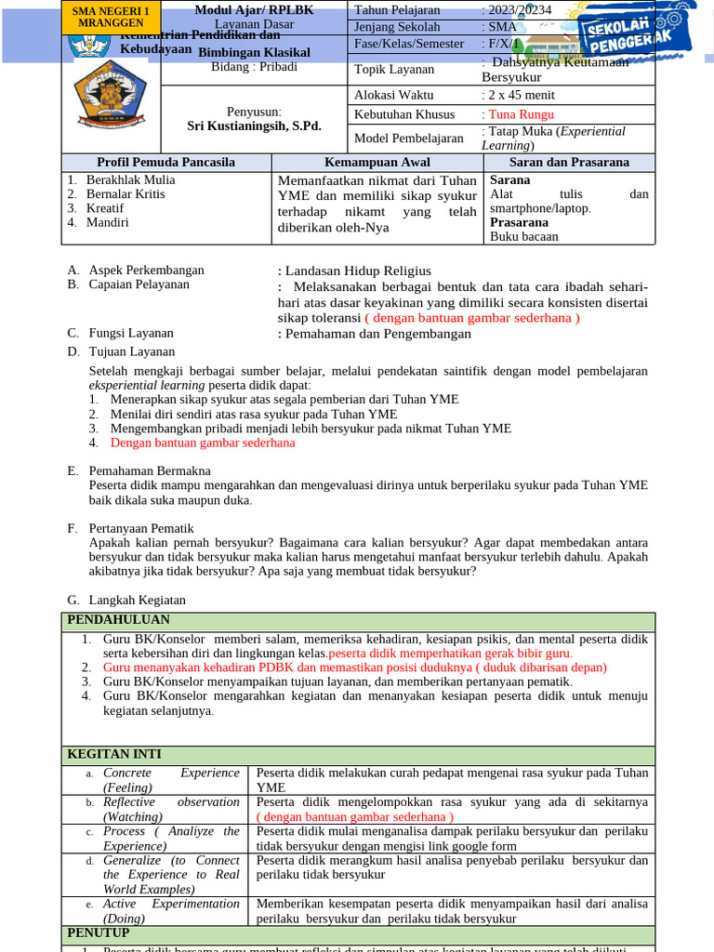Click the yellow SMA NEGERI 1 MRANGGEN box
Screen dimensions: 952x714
coord(112,16)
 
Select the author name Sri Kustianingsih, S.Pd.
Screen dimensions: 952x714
coord(254,126)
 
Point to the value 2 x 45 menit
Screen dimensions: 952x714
coord(518,95)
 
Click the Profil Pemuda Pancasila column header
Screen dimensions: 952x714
coord(166,162)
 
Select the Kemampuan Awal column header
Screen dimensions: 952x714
coord(377,162)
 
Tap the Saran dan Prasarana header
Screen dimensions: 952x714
coord(569,162)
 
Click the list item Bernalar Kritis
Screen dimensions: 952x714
coord(126,194)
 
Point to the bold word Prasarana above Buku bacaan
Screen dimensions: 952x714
coord(519,222)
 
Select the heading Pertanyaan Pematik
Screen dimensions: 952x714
coord(141,528)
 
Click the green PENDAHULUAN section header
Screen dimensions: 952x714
coord(118,620)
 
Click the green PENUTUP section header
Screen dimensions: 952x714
coord(97,932)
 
